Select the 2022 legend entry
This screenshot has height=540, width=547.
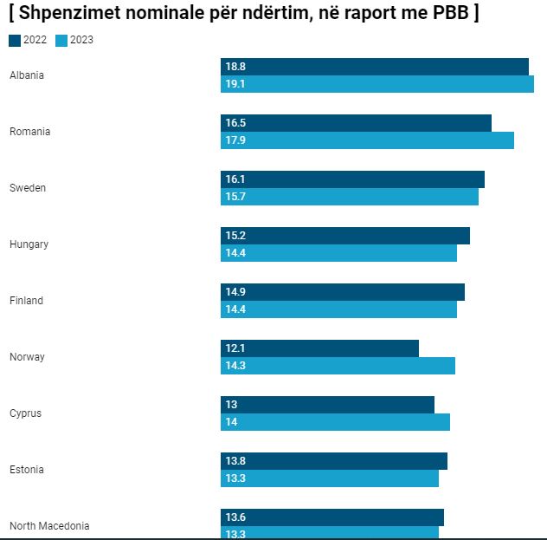click(28, 40)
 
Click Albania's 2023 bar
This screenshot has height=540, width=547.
click(377, 84)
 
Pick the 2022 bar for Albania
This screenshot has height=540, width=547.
click(375, 67)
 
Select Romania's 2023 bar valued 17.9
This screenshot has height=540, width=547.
click(367, 140)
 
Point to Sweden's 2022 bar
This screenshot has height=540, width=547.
click(352, 179)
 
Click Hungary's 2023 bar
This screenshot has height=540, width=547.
click(338, 253)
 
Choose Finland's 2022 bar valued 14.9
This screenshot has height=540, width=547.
click(343, 292)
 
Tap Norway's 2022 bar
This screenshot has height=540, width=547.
click(319, 348)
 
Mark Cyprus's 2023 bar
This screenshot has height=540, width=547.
click(335, 422)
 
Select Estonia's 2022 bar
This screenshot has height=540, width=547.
click(334, 461)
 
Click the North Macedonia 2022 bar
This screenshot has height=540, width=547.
click(332, 517)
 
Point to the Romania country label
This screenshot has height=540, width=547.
click(30, 132)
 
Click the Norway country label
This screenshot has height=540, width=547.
click(27, 357)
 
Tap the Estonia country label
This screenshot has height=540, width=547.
click(27, 470)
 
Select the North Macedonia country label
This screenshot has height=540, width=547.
click(49, 526)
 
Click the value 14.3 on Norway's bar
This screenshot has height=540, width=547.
click(235, 366)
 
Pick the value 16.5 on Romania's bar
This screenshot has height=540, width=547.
click(235, 123)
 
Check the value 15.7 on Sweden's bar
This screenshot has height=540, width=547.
click(235, 197)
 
